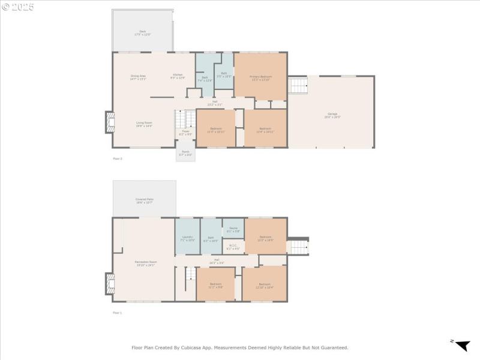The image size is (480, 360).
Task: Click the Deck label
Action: point(142,32)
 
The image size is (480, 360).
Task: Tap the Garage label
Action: point(332,115)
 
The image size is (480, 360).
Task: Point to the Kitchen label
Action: point(178,76)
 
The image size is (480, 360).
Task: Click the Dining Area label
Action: point(139,77)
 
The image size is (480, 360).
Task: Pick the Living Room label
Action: point(143,124)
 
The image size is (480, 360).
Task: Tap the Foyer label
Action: point(186,133)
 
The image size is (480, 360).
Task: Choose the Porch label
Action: point(185,154)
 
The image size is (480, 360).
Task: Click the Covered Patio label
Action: point(144,200)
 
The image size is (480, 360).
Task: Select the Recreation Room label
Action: point(145,263)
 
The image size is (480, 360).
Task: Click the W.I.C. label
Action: point(233,247)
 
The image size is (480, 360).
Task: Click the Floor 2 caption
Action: point(118,158)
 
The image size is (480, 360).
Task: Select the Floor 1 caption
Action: point(118,313)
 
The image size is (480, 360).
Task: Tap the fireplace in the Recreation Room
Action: point(110,284)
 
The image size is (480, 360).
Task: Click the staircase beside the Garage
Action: point(298,85)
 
